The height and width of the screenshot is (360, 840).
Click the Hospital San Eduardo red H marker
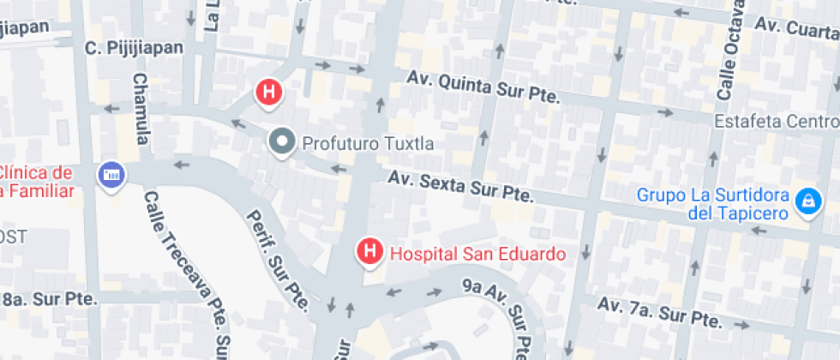(x=369, y=252)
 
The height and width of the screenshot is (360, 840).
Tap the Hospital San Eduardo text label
(x=477, y=254)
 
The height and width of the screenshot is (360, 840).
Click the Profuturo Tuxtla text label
(x=363, y=142)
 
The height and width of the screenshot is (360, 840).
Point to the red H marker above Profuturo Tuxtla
(x=270, y=92)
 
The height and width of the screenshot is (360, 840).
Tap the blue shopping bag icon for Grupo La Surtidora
(x=806, y=202)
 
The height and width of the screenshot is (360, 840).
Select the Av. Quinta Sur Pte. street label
(x=483, y=87)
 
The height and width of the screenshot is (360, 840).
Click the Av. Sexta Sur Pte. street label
(x=460, y=188)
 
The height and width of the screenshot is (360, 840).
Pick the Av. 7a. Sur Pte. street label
(x=658, y=312)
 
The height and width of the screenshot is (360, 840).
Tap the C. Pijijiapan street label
(x=135, y=48)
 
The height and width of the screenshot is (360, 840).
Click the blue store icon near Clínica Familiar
(x=111, y=176)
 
